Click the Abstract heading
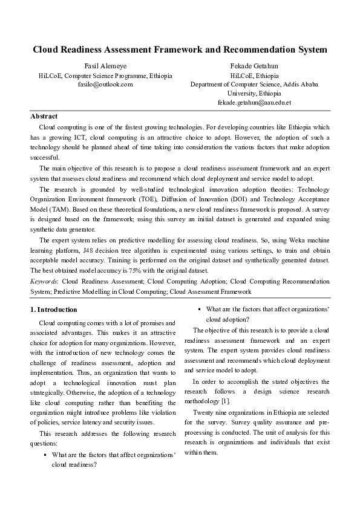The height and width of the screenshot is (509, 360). click(44, 116)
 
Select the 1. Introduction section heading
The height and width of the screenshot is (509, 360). click(54, 310)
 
